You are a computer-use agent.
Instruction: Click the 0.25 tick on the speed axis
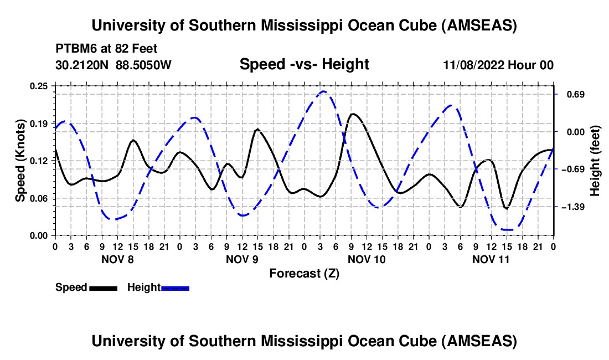(40, 86)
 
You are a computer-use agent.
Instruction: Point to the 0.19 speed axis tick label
(40, 123)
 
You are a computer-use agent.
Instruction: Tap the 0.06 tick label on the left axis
(40, 198)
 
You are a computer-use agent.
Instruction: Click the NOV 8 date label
(117, 259)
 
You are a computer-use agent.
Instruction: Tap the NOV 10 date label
(367, 259)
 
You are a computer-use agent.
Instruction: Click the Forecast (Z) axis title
(304, 273)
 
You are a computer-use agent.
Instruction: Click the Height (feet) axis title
(595, 161)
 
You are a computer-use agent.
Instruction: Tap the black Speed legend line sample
(103, 288)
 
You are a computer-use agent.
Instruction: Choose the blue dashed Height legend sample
(175, 288)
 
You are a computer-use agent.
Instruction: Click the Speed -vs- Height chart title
(304, 64)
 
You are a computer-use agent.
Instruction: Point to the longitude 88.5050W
(144, 65)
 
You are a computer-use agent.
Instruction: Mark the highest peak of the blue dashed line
(323, 91)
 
